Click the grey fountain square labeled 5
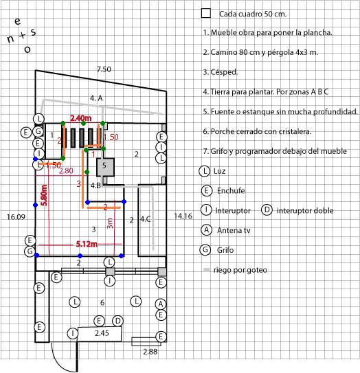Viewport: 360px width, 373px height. [105, 167]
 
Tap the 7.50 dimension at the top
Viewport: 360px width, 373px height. [104, 69]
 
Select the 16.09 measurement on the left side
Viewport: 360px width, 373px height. [16, 217]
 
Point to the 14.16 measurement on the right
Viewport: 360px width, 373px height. [183, 216]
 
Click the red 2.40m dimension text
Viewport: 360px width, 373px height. [81, 118]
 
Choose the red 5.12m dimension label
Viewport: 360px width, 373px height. [87, 244]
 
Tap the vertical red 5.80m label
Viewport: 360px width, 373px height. [44, 195]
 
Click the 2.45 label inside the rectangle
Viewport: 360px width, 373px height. [102, 333]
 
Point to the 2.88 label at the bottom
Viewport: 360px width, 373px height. [150, 352]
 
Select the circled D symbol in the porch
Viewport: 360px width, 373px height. [117, 321]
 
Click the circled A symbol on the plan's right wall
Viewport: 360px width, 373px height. [161, 304]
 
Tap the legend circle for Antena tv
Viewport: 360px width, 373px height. [206, 230]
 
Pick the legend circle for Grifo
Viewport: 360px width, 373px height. [205, 250]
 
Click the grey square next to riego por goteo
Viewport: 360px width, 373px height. [207, 270]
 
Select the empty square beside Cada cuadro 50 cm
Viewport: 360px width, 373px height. [206, 13]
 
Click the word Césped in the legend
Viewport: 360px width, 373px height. [224, 72]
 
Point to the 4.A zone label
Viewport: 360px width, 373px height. [96, 98]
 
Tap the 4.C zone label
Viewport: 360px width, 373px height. [146, 219]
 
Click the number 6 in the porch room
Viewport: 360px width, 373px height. [102, 302]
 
